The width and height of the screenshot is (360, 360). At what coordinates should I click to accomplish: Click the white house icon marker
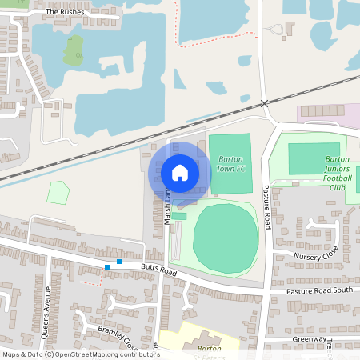[180, 172]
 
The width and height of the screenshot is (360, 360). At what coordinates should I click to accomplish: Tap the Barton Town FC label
[230, 164]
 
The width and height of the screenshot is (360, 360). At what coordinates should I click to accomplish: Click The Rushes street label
[63, 12]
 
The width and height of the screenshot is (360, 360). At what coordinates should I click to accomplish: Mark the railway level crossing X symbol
[265, 104]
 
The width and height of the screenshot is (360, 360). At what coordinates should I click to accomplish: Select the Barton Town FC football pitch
[230, 164]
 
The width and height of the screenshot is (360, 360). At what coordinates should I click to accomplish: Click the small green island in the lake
[77, 56]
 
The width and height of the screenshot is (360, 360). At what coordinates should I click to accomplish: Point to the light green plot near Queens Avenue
[58, 193]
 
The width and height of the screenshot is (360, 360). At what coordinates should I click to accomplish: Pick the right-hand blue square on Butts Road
[119, 262]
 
